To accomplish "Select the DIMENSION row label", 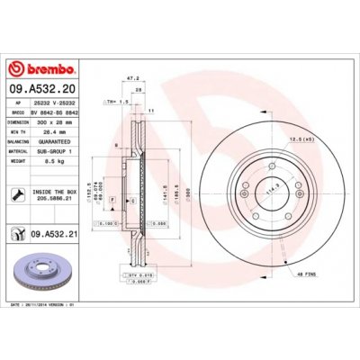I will [x=19, y=121].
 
